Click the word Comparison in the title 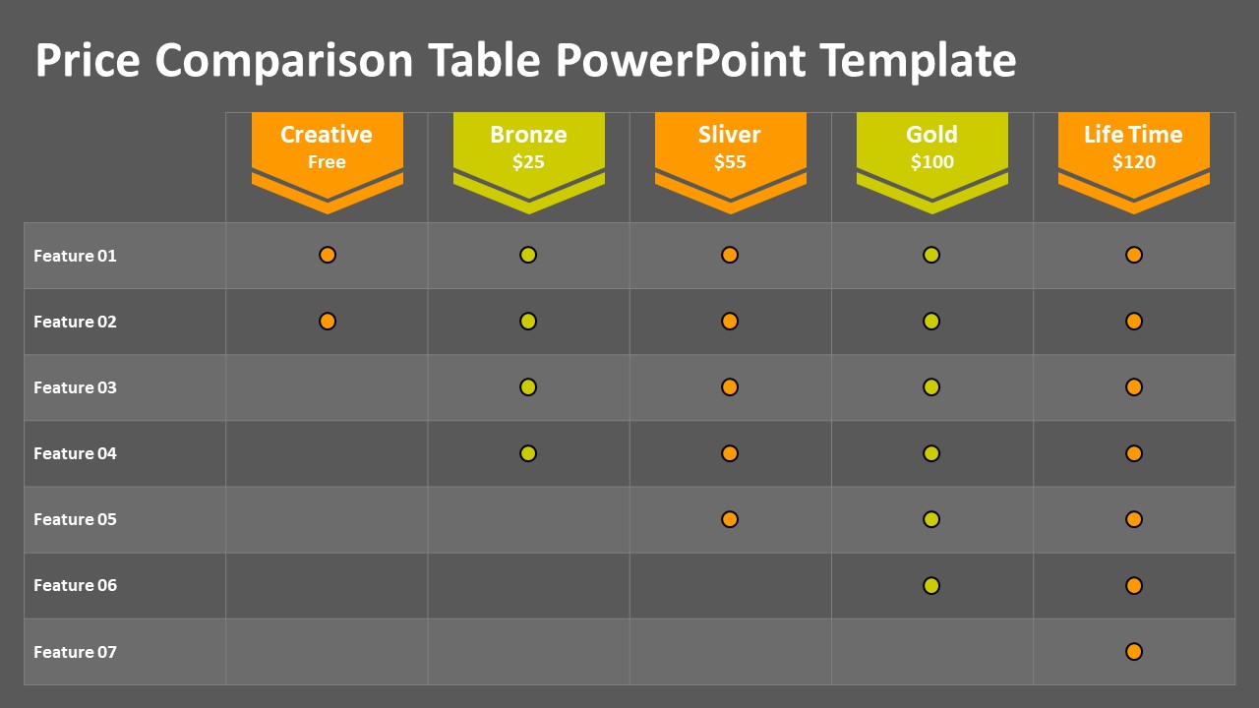[284, 61]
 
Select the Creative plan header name [327, 135]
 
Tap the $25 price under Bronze [528, 162]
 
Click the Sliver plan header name [730, 135]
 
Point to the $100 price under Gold [931, 162]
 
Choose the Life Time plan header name [1133, 135]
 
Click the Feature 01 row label [75, 256]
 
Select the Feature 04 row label [75, 453]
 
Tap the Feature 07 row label [75, 652]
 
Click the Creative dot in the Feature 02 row [328, 322]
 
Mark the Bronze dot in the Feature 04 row [528, 453]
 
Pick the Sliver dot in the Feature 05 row [730, 519]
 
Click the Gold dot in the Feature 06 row [931, 585]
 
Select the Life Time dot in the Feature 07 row [1134, 652]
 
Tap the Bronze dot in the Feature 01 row [528, 255]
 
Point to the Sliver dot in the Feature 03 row [730, 387]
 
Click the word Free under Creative [327, 162]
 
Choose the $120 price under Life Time [1134, 162]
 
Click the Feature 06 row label [75, 585]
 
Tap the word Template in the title [918, 61]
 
